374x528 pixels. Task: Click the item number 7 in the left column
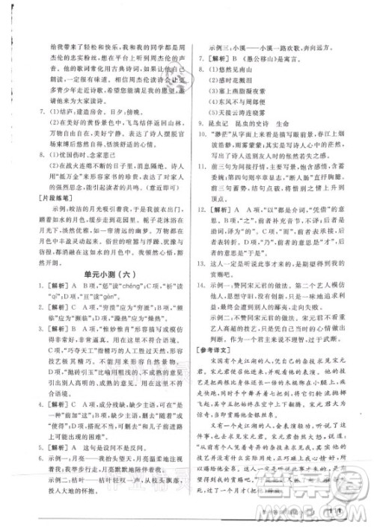tap(40, 117)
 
